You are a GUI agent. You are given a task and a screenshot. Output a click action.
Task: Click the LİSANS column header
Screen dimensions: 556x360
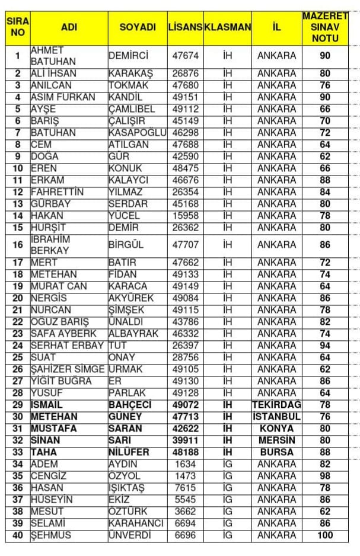click(185, 27)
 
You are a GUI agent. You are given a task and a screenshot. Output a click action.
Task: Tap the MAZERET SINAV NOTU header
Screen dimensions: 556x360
click(324, 27)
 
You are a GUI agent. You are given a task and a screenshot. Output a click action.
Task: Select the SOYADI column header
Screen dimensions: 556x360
click(138, 27)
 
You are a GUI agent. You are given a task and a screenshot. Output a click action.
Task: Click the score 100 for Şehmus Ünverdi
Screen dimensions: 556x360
click(324, 535)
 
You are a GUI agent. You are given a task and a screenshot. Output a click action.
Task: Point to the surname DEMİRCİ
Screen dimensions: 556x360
click(129, 56)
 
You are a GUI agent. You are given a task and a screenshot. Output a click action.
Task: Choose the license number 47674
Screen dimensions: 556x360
click(185, 56)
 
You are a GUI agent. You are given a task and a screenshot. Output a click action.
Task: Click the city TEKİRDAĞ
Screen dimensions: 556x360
click(276, 404)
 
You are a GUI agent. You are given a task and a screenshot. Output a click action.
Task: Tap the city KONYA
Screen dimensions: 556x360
click(276, 428)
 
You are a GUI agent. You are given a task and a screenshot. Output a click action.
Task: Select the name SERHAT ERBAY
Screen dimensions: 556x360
click(67, 346)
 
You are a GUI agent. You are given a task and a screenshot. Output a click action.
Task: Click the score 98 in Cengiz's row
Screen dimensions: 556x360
click(324, 475)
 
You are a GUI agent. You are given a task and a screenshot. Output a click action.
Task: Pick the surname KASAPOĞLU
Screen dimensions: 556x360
click(138, 133)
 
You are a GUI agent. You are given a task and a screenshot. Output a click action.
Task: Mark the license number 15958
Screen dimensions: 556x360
click(185, 216)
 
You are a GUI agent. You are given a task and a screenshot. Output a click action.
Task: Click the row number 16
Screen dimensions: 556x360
click(18, 245)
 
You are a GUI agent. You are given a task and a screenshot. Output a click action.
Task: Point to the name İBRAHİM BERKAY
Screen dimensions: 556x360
click(50, 245)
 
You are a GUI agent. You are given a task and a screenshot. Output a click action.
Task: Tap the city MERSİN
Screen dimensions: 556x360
click(276, 440)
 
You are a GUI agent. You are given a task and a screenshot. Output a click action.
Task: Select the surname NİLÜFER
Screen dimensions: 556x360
click(129, 452)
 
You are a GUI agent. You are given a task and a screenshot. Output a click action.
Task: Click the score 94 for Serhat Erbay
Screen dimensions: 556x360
click(324, 346)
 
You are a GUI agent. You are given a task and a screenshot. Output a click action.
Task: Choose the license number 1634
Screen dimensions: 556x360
click(185, 464)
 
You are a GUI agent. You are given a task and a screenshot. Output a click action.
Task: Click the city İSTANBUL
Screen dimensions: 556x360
click(276, 416)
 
